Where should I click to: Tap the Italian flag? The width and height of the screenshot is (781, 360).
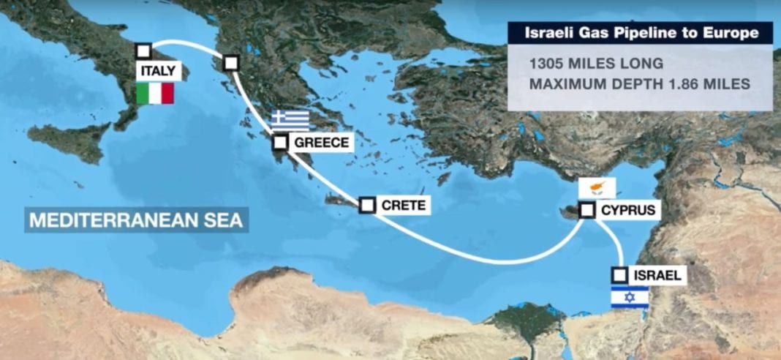click(x=155, y=94)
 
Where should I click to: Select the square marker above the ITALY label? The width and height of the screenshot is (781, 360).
click(x=144, y=51)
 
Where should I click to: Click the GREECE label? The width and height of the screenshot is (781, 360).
click(x=321, y=142)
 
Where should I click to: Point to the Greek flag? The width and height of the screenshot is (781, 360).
click(x=290, y=120)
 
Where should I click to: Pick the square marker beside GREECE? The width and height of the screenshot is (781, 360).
click(x=281, y=142)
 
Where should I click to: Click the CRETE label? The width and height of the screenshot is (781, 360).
click(x=403, y=206)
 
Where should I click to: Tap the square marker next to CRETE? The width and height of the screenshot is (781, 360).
click(x=367, y=206)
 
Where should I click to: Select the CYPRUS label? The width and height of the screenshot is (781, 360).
click(x=628, y=211)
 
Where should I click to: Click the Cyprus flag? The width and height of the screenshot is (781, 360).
click(x=597, y=187)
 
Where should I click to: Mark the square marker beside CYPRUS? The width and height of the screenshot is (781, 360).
click(x=586, y=211)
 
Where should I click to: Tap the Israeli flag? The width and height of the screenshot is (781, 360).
click(x=630, y=297)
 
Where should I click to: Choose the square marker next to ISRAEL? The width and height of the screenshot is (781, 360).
click(x=620, y=275)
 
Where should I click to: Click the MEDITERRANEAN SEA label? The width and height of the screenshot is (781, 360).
click(x=136, y=220)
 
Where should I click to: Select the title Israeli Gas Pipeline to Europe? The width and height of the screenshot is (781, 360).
click(x=640, y=33)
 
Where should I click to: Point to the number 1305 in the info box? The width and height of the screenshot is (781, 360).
click(x=549, y=64)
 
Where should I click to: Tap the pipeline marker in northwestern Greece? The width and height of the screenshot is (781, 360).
click(x=232, y=63)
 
